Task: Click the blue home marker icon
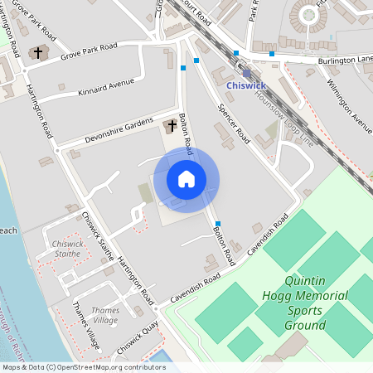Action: pyautogui.click(x=186, y=179)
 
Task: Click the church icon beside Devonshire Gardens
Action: pyautogui.click(x=172, y=125)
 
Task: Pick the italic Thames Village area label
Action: pyautogui.click(x=104, y=315)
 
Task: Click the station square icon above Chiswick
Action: pyautogui.click(x=246, y=73)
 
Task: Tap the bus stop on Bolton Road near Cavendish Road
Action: pyautogui.click(x=218, y=224)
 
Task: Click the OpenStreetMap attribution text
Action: pyautogui.click(x=83, y=366)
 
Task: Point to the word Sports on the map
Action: pyautogui.click(x=304, y=311)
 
